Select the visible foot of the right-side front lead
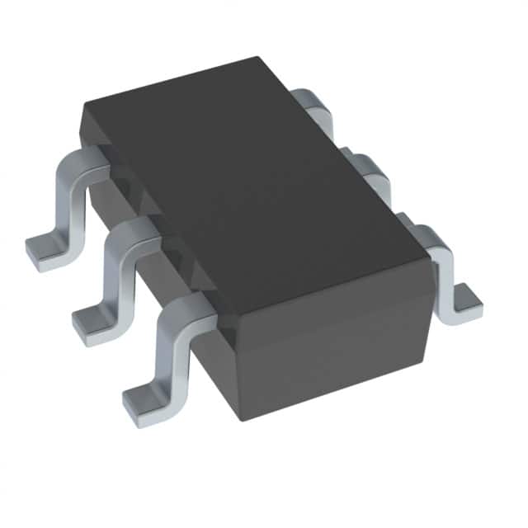(466, 301)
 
